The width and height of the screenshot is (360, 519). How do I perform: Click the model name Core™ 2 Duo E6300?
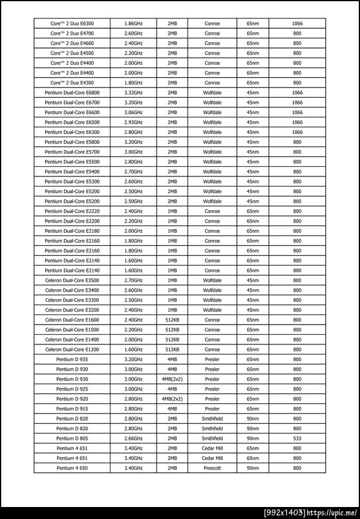(x=72, y=23)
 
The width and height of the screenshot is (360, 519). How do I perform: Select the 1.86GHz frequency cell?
(x=133, y=23)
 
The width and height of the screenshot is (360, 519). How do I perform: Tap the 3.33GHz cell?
(x=133, y=92)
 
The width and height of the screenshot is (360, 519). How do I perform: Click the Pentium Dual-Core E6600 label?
(x=72, y=112)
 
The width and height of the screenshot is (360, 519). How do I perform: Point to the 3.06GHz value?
(x=133, y=112)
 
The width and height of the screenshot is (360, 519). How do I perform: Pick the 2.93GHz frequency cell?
(x=133, y=122)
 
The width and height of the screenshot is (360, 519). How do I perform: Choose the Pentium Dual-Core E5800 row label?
(x=72, y=142)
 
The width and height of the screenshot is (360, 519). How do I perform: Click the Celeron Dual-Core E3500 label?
(x=72, y=280)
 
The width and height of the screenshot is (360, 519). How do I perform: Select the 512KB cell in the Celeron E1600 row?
(x=172, y=320)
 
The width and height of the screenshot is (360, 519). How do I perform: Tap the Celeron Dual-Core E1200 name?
(x=72, y=349)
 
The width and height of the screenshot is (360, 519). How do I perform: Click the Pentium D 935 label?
(x=72, y=359)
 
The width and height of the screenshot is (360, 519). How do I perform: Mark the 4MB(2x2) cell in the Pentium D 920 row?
(x=172, y=398)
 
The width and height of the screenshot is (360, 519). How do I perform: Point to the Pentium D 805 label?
(x=72, y=438)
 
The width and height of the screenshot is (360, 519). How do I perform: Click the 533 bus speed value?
(x=297, y=438)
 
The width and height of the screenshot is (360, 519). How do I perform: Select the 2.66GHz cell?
(x=133, y=438)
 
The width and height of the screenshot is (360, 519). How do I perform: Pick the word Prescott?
(x=212, y=467)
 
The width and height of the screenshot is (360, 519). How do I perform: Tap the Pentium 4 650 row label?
(x=72, y=467)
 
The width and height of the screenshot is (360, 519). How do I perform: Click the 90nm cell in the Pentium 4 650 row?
(x=253, y=467)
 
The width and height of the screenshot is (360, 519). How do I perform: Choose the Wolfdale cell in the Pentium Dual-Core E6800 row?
(x=212, y=92)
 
